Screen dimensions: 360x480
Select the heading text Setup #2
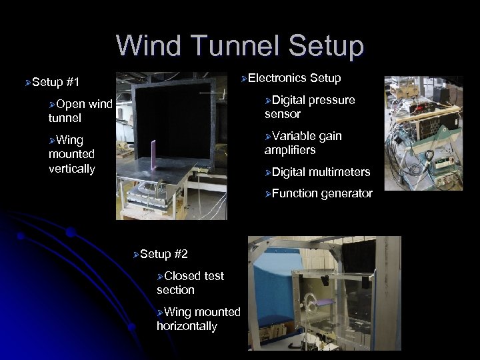164,254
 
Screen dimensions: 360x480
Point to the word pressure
331,100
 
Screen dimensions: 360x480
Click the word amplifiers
290,150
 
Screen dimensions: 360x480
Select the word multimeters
339,172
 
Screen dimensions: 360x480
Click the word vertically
72,169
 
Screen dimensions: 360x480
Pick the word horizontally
187,326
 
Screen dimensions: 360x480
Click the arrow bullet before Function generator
267,194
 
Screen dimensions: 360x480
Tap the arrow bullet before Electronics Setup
245,79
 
